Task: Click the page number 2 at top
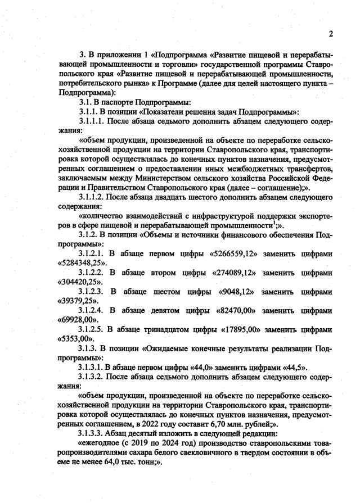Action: coord(331,34)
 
